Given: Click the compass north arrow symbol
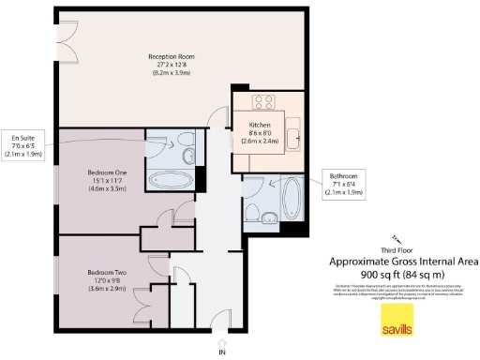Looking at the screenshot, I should tap(397, 238).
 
